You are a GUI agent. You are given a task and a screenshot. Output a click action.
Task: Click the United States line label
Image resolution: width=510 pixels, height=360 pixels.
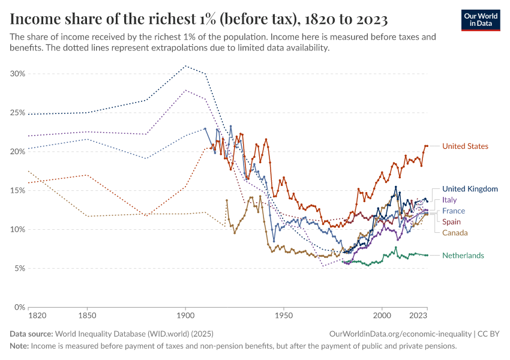click(465, 146)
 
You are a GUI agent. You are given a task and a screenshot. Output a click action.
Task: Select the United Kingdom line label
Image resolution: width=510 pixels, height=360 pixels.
click(470, 189)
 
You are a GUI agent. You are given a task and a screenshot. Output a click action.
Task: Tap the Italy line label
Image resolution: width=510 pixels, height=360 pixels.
click(449, 200)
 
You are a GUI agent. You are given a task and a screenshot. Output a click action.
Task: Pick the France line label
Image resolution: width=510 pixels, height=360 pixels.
click(454, 211)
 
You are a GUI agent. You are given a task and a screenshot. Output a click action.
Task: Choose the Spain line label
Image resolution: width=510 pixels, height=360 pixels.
click(451, 222)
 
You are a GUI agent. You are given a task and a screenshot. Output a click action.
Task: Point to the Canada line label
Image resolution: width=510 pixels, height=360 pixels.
click(455, 233)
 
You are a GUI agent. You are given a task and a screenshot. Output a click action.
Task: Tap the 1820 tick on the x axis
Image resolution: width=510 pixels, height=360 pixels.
click(37, 315)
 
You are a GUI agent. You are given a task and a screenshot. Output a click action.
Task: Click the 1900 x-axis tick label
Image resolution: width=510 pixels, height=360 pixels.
click(185, 315)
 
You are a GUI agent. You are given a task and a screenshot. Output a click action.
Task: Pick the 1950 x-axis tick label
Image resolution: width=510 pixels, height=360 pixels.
click(284, 315)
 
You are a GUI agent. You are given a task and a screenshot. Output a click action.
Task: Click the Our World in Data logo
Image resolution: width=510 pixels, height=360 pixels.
click(481, 20)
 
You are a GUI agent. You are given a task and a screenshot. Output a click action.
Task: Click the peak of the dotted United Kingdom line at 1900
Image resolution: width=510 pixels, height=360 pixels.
click(185, 66)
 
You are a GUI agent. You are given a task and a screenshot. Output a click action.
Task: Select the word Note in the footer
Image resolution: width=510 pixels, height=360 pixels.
click(19, 346)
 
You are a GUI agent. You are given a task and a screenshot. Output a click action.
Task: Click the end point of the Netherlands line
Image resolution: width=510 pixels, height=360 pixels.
click(427, 256)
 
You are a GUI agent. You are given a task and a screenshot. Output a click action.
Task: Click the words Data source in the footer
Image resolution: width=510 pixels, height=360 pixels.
click(31, 334)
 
